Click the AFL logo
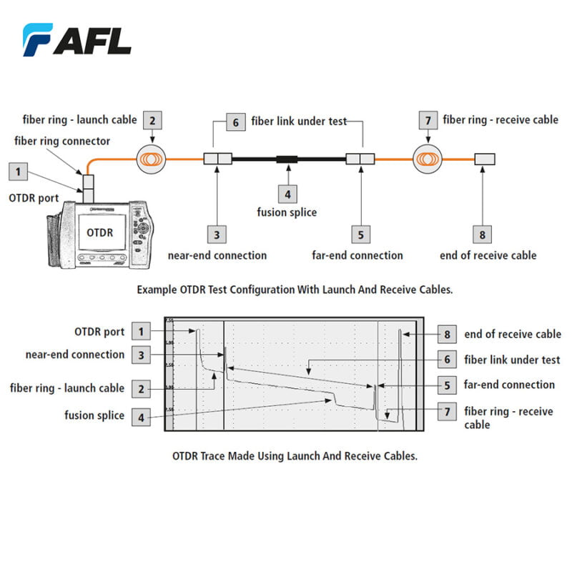(x=77, y=39)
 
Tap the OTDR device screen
(x=100, y=232)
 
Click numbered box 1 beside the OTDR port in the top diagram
(x=19, y=171)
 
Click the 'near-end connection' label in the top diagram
(x=217, y=255)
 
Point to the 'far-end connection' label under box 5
(x=357, y=255)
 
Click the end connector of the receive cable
(x=485, y=159)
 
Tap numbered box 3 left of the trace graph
(x=142, y=355)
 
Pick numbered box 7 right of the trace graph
(x=447, y=412)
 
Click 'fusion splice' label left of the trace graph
(x=94, y=415)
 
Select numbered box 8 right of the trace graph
(x=447, y=334)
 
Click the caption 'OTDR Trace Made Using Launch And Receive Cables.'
(x=295, y=455)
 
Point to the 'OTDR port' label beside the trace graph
(x=99, y=332)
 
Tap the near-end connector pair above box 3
(x=217, y=159)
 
